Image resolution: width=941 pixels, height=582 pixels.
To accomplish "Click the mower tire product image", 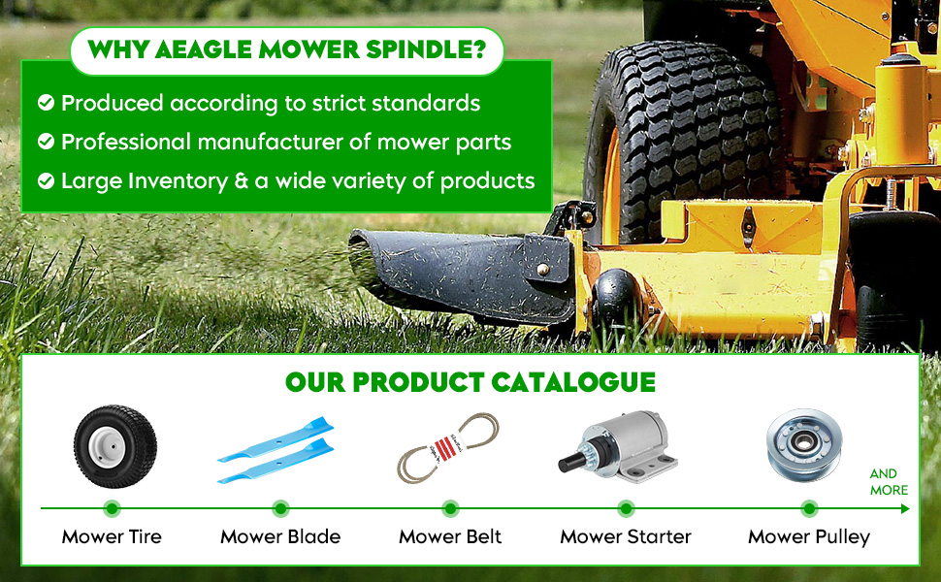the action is click(115, 446).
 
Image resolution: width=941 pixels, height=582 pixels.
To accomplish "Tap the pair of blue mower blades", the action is click(276, 450).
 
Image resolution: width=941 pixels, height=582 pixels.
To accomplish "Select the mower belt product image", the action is click(447, 447).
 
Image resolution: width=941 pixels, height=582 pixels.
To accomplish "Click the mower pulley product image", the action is click(804, 444).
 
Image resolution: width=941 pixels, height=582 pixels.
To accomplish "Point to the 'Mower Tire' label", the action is click(112, 536).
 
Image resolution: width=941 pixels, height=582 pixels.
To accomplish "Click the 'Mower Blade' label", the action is click(280, 536).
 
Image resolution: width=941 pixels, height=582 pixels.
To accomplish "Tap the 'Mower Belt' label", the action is click(450, 536).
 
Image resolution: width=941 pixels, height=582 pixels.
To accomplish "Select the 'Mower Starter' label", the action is click(626, 536).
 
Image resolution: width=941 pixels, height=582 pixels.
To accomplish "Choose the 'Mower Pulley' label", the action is click(809, 537).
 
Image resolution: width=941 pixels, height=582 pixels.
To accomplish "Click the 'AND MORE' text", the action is click(889, 482).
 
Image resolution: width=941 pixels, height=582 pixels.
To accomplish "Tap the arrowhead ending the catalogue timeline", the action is click(905, 509).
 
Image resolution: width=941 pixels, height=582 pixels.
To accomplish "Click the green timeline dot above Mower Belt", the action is click(450, 509).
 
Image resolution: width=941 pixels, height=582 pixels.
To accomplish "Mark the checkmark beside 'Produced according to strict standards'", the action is click(47, 103).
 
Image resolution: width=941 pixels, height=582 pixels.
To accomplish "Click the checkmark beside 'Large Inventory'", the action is click(47, 180).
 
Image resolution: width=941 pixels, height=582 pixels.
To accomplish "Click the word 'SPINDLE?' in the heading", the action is click(426, 49).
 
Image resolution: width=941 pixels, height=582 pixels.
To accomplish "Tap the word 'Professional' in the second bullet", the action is click(126, 142).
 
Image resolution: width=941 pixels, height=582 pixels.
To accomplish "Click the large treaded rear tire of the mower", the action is click(684, 141).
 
